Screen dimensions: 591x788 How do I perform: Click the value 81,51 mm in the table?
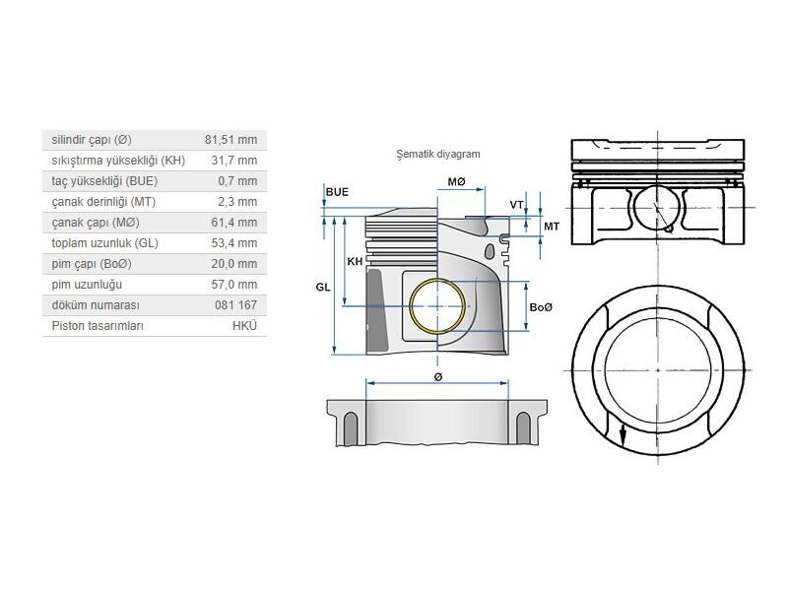pyautogui.click(x=230, y=140)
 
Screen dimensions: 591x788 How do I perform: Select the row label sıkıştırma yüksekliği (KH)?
pyautogui.click(x=117, y=161)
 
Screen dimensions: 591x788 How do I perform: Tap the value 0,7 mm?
pyautogui.click(x=236, y=181)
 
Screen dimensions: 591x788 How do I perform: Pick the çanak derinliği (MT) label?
pyautogui.click(x=104, y=202)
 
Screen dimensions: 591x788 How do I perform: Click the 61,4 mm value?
pyautogui.click(x=233, y=223)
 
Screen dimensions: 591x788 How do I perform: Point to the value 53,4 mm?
pyautogui.click(x=233, y=243)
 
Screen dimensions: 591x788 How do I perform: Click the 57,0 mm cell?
pyautogui.click(x=233, y=285)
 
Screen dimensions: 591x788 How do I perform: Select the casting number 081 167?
pyautogui.click(x=235, y=305)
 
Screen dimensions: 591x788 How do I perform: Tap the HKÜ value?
pyautogui.click(x=244, y=326)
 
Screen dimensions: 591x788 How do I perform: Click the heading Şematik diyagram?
pyautogui.click(x=437, y=155)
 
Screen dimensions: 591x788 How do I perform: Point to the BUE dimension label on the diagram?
pyautogui.click(x=336, y=191)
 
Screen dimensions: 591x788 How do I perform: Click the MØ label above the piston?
pyautogui.click(x=456, y=182)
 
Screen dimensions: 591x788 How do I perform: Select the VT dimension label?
pyautogui.click(x=516, y=205)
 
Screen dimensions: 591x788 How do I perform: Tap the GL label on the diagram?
pyautogui.click(x=323, y=287)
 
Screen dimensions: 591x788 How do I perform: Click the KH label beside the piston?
pyautogui.click(x=355, y=261)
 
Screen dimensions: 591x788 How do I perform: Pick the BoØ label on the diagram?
pyautogui.click(x=541, y=307)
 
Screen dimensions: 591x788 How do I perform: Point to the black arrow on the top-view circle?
pyautogui.click(x=623, y=431)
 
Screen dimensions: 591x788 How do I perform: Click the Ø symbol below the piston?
pyautogui.click(x=438, y=376)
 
